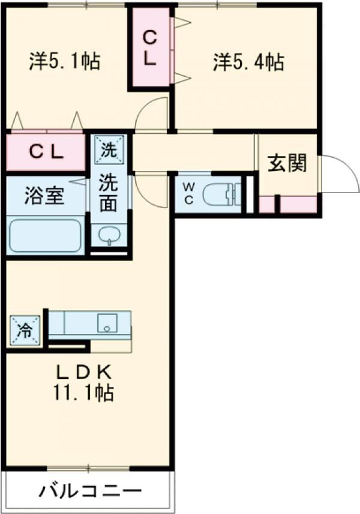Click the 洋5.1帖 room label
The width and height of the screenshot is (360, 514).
64,61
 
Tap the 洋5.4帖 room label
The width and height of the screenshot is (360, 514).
248,61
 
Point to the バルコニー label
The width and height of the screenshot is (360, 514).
90,492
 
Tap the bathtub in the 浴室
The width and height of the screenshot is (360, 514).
45,235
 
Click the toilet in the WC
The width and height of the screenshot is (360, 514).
220,194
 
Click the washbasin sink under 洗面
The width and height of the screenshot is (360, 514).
109,235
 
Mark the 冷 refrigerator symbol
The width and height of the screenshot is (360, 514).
24,329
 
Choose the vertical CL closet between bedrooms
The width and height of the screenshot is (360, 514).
149,48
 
